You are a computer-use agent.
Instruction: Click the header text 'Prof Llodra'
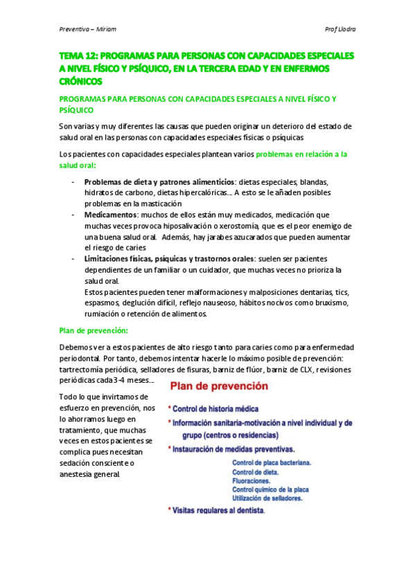340,29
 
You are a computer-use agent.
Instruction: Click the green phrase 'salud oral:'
78,165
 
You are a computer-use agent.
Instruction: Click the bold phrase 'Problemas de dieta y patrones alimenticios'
150,182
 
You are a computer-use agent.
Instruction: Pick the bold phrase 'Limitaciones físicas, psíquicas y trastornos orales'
165,259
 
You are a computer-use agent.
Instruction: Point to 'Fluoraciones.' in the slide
251,480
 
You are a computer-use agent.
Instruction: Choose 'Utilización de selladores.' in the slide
267,498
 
